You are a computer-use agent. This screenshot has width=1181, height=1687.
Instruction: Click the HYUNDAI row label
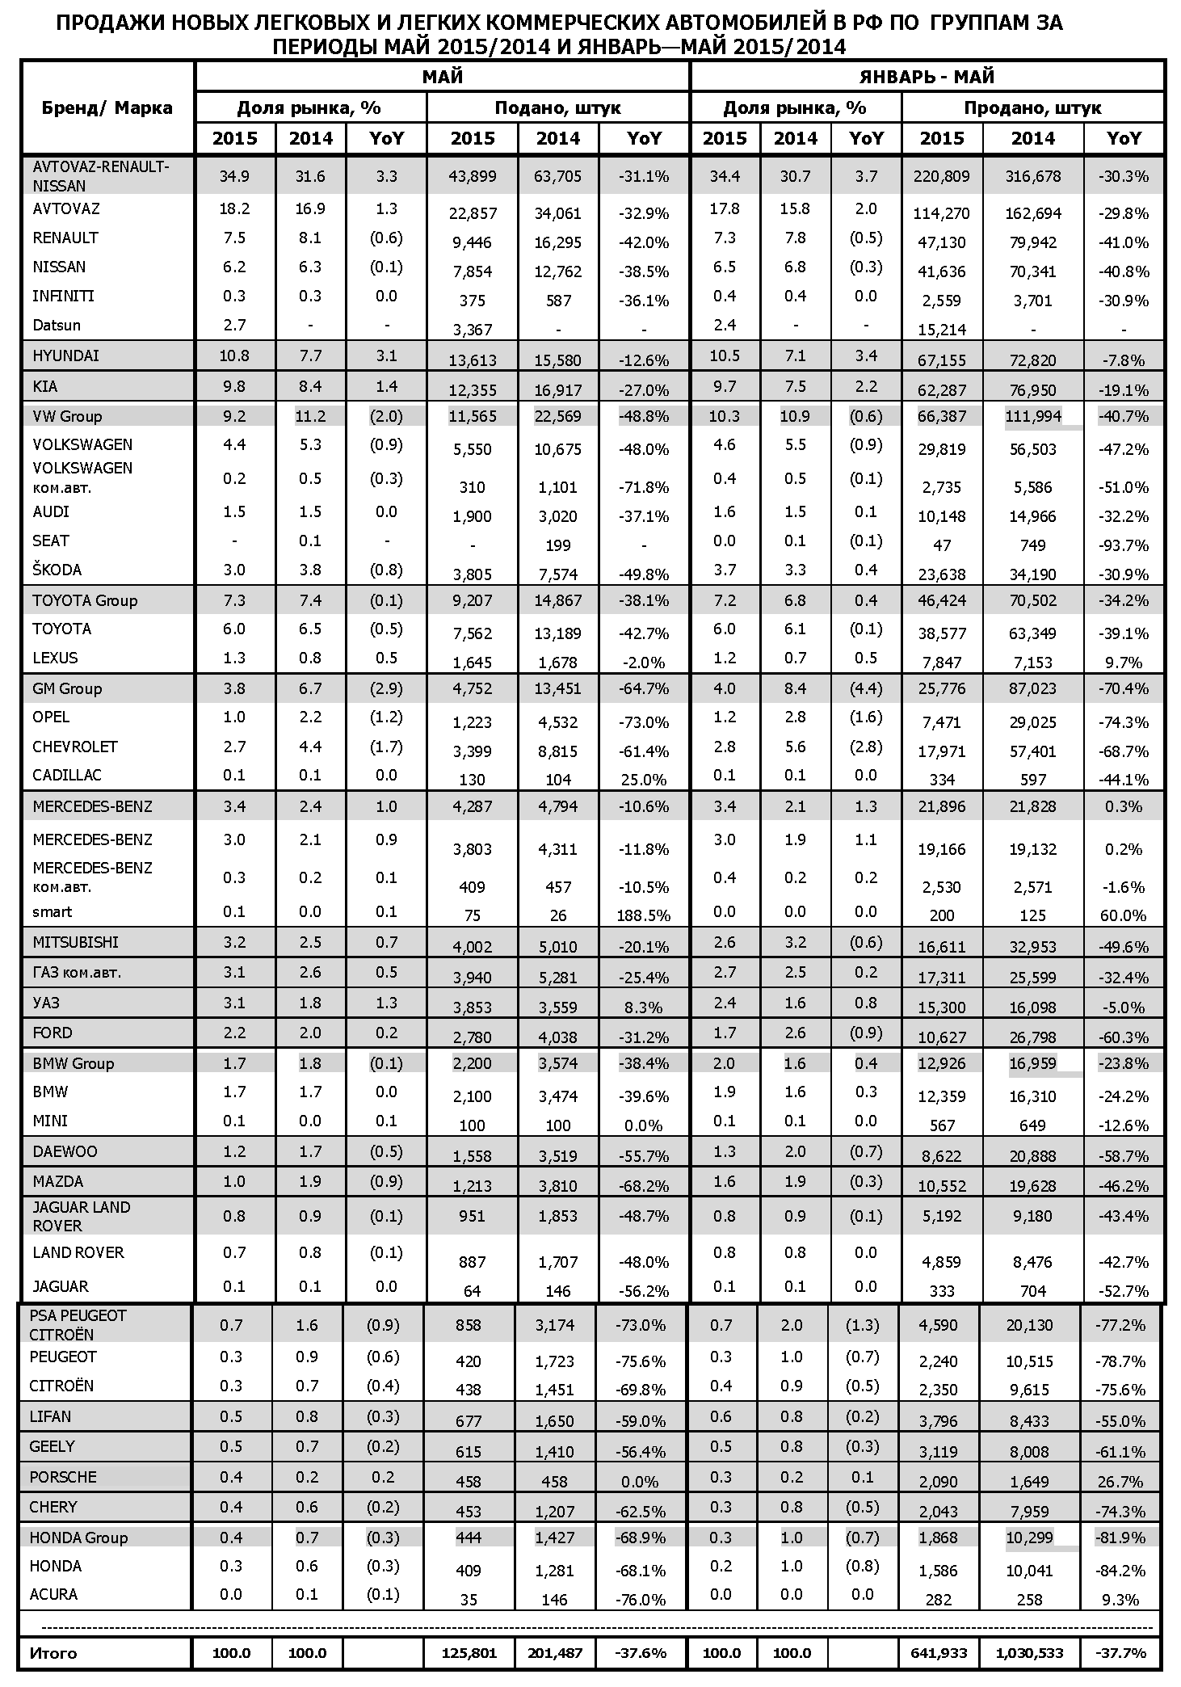pos(65,355)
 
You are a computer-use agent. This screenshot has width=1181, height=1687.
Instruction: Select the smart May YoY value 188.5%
pos(644,916)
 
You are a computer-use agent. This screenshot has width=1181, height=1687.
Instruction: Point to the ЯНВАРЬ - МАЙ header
pos(927,77)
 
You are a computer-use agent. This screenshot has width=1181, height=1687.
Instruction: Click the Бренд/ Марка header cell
pos(107,107)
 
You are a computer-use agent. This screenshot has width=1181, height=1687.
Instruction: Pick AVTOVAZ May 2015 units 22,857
pos(473,213)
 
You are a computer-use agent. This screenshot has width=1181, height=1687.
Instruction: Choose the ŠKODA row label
pos(57,570)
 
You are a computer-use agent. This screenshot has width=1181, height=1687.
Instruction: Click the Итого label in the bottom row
pos(53,1652)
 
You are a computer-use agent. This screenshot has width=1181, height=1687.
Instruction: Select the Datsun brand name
pos(56,325)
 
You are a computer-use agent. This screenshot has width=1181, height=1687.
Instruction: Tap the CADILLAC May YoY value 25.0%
pos(644,780)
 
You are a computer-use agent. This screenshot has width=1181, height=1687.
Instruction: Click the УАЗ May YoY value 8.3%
pos(644,1008)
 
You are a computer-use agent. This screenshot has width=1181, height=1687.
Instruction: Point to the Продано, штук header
pos(1032,107)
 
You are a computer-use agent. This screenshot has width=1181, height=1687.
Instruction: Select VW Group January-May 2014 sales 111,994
pos(1032,416)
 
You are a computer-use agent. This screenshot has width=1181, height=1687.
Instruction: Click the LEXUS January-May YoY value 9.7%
pos(1124,663)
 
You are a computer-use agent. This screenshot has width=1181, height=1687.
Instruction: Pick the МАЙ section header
pos(442,77)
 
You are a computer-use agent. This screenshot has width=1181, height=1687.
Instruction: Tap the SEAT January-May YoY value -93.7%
pos(1124,545)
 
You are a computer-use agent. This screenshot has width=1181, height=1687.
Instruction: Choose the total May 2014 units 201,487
pos(554,1653)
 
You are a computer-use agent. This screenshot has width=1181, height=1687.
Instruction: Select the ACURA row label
pos(53,1594)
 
